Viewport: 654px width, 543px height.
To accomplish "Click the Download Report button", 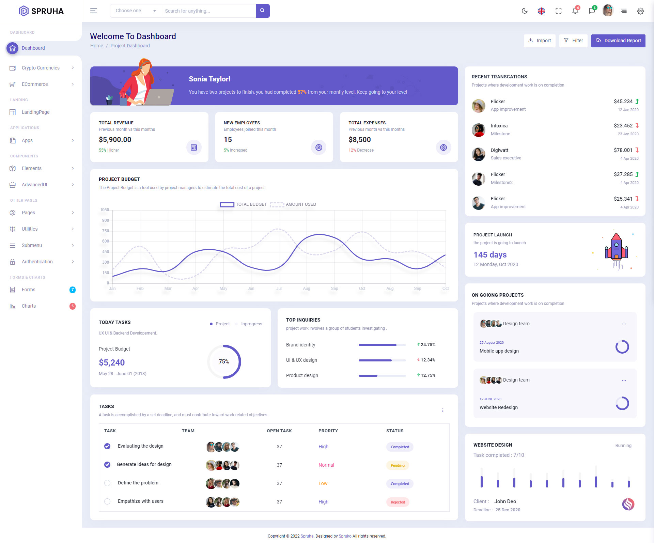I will click(x=618, y=41).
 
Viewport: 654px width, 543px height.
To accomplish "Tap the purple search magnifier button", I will click(x=262, y=11).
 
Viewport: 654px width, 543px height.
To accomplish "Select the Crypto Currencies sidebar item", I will click(x=41, y=68).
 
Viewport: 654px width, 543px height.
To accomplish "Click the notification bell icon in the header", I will click(x=575, y=11).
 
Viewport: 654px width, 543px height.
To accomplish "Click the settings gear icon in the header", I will click(x=640, y=11).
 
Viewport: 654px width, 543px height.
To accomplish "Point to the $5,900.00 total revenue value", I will click(x=115, y=140).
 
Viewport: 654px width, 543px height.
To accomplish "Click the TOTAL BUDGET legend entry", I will click(x=244, y=204).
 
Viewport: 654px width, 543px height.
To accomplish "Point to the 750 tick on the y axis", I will click(x=106, y=231).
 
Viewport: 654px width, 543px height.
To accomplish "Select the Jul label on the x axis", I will click(x=279, y=289).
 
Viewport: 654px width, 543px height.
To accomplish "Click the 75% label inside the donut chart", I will click(x=224, y=361).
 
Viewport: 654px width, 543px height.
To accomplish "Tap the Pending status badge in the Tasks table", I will click(x=398, y=465).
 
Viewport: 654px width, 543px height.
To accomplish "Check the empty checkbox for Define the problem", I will click(x=107, y=483).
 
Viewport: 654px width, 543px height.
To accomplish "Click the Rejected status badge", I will click(x=398, y=502).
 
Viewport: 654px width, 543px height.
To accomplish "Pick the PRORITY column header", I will click(x=328, y=431).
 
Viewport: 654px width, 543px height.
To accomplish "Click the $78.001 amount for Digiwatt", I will click(x=623, y=150).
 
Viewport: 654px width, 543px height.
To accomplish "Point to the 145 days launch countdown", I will click(x=490, y=255).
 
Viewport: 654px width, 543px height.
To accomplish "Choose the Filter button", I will click(x=573, y=41).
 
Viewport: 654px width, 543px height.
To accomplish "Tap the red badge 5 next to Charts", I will click(x=73, y=306).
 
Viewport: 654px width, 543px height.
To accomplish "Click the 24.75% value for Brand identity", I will click(x=428, y=345).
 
